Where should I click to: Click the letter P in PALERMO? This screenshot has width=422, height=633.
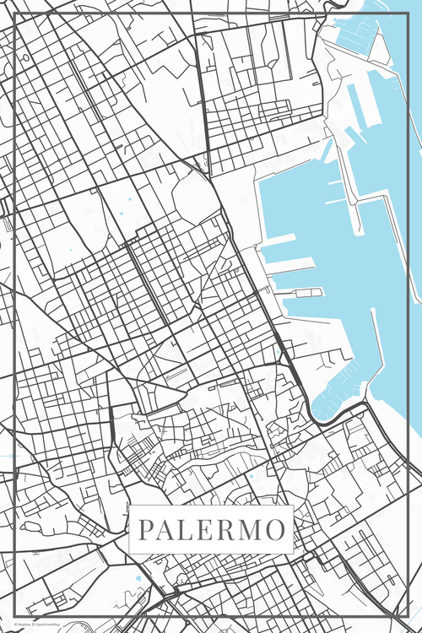(x=145, y=531)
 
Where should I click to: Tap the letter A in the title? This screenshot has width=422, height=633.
(x=166, y=531)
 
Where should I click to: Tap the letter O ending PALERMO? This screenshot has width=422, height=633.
(x=275, y=531)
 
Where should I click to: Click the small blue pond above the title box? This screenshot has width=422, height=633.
(x=250, y=476)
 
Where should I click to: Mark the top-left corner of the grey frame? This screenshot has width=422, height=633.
(x=17, y=15)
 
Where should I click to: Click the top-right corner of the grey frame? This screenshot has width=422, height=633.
(x=406, y=15)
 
